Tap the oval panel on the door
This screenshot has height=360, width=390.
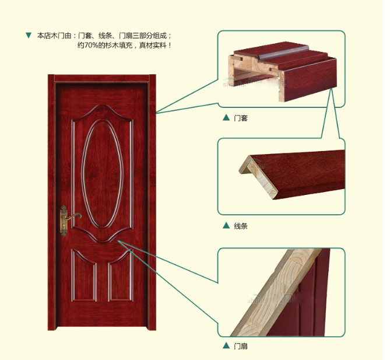point(102,174)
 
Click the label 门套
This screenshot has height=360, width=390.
point(241,118)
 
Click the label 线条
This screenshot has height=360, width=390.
point(241,226)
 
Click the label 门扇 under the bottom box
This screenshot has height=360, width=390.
point(241,346)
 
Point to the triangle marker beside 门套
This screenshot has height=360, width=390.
point(226,117)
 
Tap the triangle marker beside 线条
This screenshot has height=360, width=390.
point(226,225)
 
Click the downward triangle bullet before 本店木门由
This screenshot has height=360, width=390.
point(29,36)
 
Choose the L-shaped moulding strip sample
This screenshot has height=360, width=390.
point(292,174)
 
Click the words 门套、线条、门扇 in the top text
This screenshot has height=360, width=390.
point(121,36)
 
